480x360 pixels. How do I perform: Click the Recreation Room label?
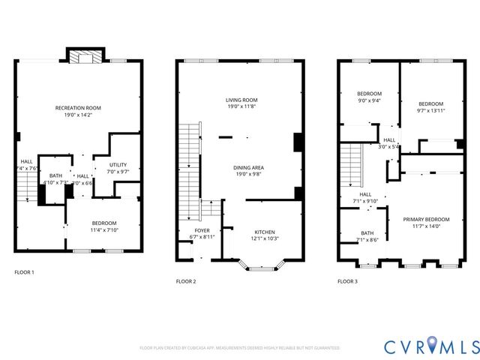[78, 108]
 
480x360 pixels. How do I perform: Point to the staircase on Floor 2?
[190, 161]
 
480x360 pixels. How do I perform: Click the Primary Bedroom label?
[424, 220]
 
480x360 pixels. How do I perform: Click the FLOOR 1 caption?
[24, 271]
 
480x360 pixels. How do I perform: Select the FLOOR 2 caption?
[186, 281]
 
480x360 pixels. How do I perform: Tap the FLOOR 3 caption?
[347, 281]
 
